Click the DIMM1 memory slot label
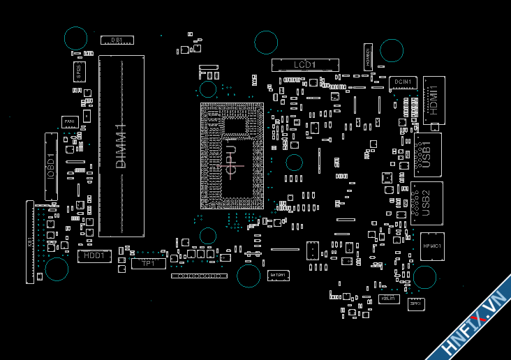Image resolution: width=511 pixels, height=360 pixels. [121, 146]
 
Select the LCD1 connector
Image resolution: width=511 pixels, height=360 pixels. [304, 65]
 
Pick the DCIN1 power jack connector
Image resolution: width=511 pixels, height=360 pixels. [403, 82]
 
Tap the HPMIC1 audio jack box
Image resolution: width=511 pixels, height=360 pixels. [432, 246]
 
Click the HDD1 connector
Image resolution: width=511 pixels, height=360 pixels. [94, 256]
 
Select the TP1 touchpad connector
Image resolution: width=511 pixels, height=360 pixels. [148, 263]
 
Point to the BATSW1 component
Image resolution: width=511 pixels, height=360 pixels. [279, 276]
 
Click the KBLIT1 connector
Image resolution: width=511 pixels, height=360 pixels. [388, 299]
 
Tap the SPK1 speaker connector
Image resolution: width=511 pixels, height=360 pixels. [415, 303]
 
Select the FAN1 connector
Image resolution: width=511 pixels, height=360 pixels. [69, 122]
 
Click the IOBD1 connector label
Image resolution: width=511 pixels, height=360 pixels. [50, 166]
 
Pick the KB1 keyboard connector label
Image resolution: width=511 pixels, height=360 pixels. [30, 241]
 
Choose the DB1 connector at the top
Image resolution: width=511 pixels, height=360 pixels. [117, 40]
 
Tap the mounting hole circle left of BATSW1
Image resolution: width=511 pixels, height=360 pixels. [249, 276]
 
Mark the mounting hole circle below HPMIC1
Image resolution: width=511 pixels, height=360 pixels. [425, 278]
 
